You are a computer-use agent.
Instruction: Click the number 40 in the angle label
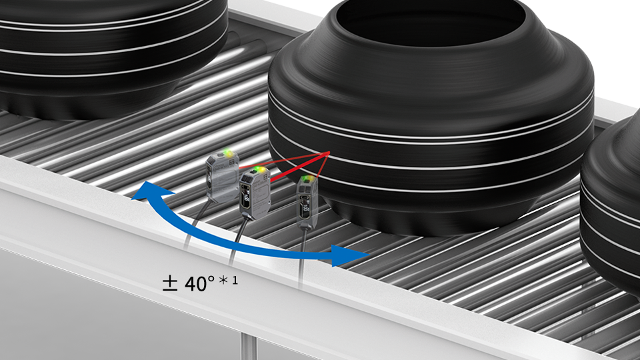195,284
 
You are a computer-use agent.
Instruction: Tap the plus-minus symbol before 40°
170,283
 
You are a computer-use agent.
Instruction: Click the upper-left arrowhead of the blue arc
148,192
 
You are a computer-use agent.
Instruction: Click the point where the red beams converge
329,153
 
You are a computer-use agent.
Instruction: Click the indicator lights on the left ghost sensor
228,154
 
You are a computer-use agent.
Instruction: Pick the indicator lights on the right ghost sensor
309,179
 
